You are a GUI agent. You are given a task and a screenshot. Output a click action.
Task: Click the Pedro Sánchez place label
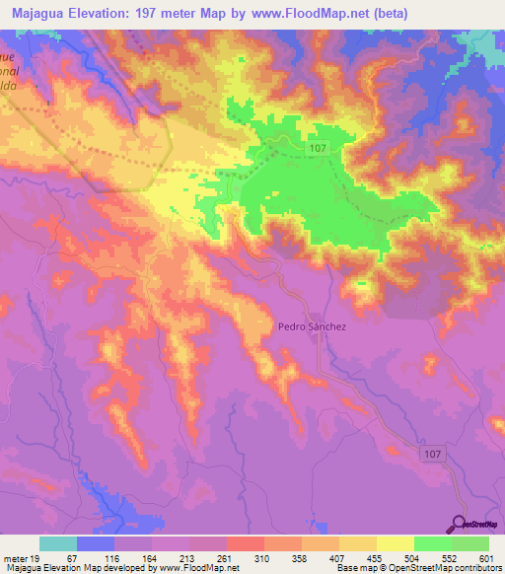(x=308, y=325)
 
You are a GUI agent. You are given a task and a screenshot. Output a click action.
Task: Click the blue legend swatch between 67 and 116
(x=95, y=543)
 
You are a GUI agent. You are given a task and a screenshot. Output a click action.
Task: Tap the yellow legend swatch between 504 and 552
(x=395, y=543)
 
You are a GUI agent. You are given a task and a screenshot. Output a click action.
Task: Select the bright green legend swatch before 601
(x=469, y=543)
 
